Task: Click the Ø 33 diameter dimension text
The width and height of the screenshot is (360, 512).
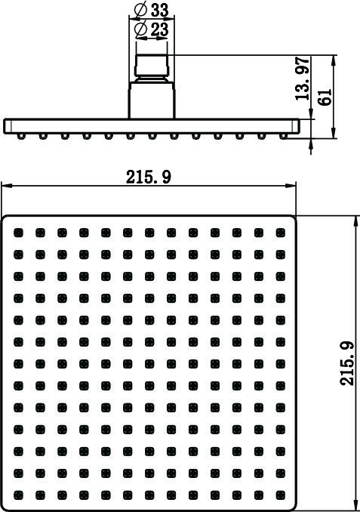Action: coord(152,10)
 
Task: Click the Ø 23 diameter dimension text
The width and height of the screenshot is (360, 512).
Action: coord(152,29)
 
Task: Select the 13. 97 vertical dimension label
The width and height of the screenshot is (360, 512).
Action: coord(302,79)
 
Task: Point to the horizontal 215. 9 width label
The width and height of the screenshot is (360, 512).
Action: coord(149,177)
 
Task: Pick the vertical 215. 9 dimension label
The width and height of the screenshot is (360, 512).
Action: coord(347,363)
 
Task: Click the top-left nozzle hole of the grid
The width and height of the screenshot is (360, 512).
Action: coord(19,233)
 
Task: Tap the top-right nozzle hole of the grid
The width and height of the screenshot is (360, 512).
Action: coord(281,233)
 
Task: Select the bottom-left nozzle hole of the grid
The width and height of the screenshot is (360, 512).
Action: coord(19,495)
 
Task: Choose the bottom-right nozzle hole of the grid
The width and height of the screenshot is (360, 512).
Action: coord(281,495)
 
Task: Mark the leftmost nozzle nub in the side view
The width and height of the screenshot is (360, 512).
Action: coord(21,136)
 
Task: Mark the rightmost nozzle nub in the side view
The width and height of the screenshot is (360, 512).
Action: coord(283,136)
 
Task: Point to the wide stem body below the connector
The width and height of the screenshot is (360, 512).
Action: coord(152,100)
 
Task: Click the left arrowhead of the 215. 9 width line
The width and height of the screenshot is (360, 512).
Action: coord(7,186)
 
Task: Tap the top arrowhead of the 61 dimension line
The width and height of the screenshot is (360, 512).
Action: coord(334,60)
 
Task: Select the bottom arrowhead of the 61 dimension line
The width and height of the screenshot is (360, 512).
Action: coord(334,133)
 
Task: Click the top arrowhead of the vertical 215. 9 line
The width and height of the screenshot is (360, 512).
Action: coord(355,221)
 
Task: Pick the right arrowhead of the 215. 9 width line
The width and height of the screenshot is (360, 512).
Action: coord(291,186)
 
